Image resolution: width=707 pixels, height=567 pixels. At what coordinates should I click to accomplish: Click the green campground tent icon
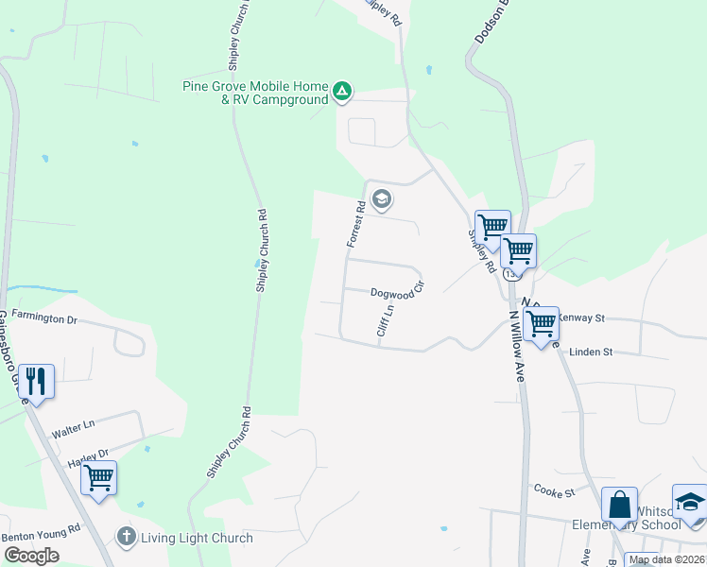(342, 93)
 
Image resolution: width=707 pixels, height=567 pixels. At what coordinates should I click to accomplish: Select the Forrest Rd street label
(355, 224)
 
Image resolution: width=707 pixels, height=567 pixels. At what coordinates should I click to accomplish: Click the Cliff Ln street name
(384, 319)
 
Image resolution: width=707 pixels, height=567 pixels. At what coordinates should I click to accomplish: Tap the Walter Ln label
(74, 429)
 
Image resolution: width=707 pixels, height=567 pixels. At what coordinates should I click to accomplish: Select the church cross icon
(126, 537)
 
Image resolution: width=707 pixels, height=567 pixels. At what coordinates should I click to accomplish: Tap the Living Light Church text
(197, 538)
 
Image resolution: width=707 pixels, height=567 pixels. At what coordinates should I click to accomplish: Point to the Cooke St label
(554, 492)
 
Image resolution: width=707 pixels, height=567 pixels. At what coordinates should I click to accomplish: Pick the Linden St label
(591, 352)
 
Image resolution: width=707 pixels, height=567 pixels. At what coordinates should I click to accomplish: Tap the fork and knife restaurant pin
(36, 382)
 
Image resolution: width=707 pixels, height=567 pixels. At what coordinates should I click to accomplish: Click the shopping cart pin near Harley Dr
(98, 477)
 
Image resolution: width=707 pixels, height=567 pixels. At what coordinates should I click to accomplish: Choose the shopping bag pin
(619, 505)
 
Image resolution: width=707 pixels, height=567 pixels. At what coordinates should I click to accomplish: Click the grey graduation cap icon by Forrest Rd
(382, 199)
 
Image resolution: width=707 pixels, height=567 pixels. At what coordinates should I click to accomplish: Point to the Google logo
(32, 556)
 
